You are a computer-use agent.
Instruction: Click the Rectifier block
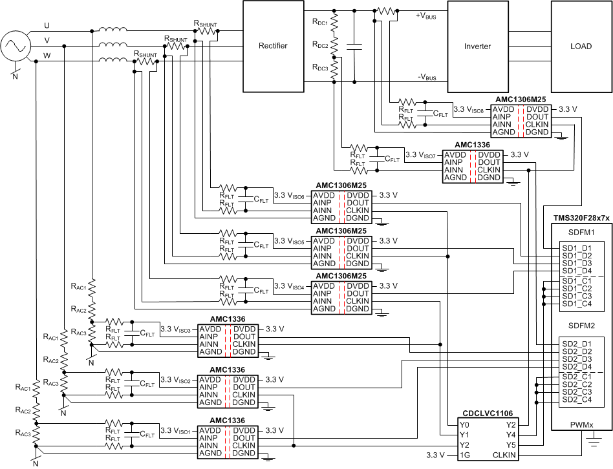click(272, 46)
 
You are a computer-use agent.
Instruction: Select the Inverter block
click(477, 46)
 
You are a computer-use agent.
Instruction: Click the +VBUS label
click(426, 16)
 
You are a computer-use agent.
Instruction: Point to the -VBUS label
click(426, 76)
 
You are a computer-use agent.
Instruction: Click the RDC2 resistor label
click(321, 45)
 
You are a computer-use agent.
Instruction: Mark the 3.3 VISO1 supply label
click(177, 431)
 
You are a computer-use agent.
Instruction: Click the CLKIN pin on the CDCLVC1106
click(504, 455)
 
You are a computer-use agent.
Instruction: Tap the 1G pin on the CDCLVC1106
click(465, 455)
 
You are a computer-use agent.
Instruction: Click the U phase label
click(47, 25)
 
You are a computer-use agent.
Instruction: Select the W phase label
click(47, 55)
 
